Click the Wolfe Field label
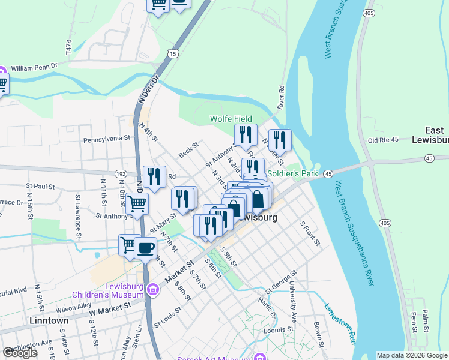[231, 119]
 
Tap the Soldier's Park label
[292, 173]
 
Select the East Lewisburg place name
[434, 135]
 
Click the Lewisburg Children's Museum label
[107, 290]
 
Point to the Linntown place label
[49, 320]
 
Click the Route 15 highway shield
[173, 54]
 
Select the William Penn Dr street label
[34, 68]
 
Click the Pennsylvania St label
[107, 138]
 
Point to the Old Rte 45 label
[382, 140]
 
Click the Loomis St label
[282, 329]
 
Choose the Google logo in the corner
[20, 353]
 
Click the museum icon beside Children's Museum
[153, 290]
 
